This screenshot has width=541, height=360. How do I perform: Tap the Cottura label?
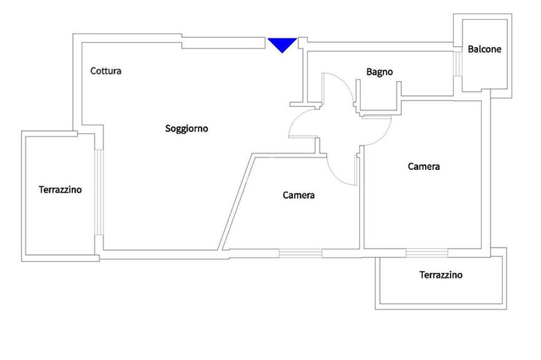coord(106,71)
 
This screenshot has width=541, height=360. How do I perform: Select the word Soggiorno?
coord(186,128)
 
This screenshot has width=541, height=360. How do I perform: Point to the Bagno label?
coord(379,72)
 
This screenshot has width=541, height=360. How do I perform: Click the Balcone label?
coord(484,50)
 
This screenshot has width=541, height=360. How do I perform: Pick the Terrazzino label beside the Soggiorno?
coord(60,190)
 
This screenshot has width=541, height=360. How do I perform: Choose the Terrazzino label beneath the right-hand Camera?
coord(441,275)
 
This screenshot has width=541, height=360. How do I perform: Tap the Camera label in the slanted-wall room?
coord(299,195)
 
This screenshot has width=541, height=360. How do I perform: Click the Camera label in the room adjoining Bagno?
coord(424,167)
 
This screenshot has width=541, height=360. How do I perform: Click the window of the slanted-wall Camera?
coord(300,253)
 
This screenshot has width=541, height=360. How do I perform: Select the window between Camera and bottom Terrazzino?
coord(427,252)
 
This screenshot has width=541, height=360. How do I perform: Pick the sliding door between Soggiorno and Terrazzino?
coord(99,192)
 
